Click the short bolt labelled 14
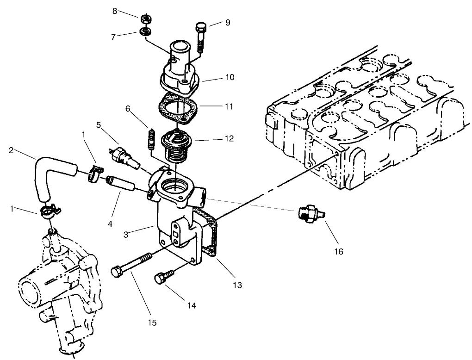pyautogui.click(x=161, y=278)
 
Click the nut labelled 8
pyautogui.click(x=145, y=19)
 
